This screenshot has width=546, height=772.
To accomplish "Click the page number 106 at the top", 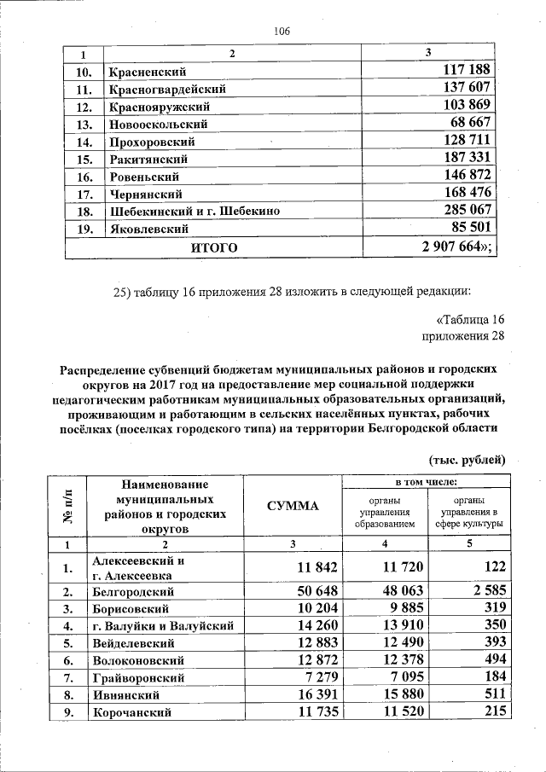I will (282, 32).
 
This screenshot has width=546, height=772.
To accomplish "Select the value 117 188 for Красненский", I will (468, 71).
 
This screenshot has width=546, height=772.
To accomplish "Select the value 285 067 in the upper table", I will (468, 211).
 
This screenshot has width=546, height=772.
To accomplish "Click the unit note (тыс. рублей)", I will (467, 460).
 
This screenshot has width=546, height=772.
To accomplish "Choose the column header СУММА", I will (292, 506).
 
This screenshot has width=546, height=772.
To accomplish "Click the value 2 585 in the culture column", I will (485, 590).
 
